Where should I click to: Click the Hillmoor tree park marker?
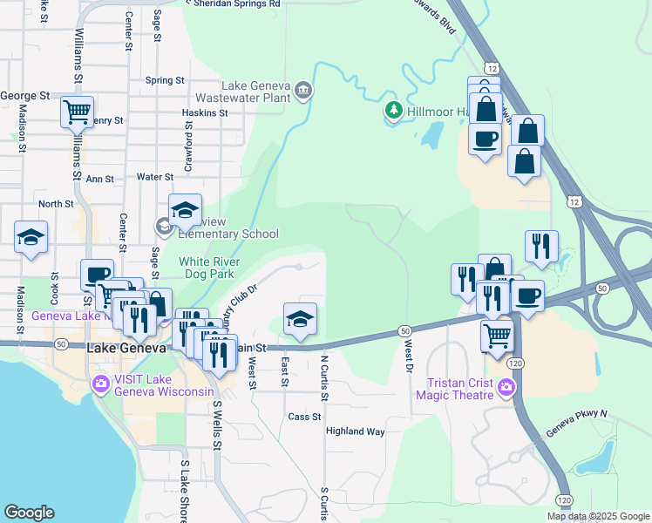(394, 111)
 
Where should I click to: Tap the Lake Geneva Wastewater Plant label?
(255, 92)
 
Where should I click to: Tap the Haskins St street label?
(205, 112)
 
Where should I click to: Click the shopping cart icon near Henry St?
(77, 112)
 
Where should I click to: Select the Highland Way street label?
(355, 431)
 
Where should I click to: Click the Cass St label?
(305, 417)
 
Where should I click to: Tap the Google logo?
(29, 513)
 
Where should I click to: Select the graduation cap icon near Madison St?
(31, 237)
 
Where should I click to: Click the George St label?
(25, 95)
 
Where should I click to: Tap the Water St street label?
(156, 177)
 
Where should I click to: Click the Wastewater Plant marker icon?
(302, 89)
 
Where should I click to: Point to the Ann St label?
(99, 179)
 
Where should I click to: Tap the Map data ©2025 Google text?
(597, 516)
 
